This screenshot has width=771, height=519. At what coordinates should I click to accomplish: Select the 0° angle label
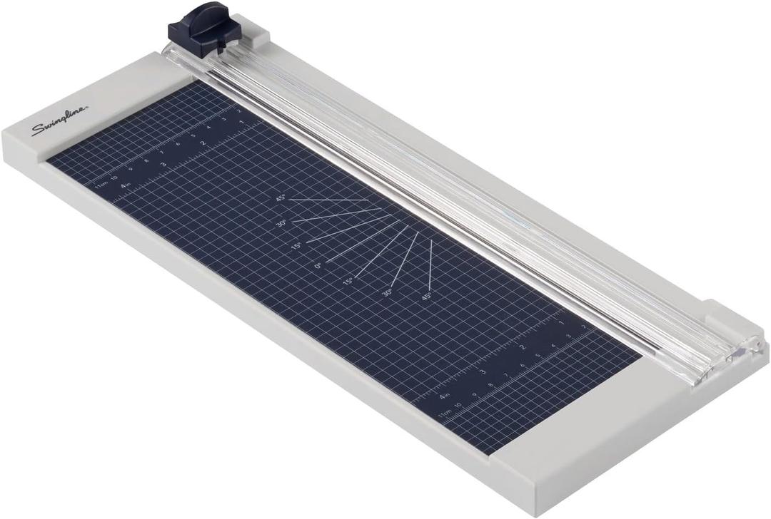coord(318,265)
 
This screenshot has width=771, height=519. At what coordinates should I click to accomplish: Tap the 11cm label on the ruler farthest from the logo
coord(444,413)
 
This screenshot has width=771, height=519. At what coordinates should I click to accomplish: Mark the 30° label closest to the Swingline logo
coord(281,223)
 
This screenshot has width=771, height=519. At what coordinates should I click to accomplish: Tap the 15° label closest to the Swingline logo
coord(295,246)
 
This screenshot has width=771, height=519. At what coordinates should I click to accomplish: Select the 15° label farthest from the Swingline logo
coord(348,280)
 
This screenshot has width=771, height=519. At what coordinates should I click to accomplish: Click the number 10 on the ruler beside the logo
coord(114,172)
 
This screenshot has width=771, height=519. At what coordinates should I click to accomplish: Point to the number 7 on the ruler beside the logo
coord(163,153)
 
